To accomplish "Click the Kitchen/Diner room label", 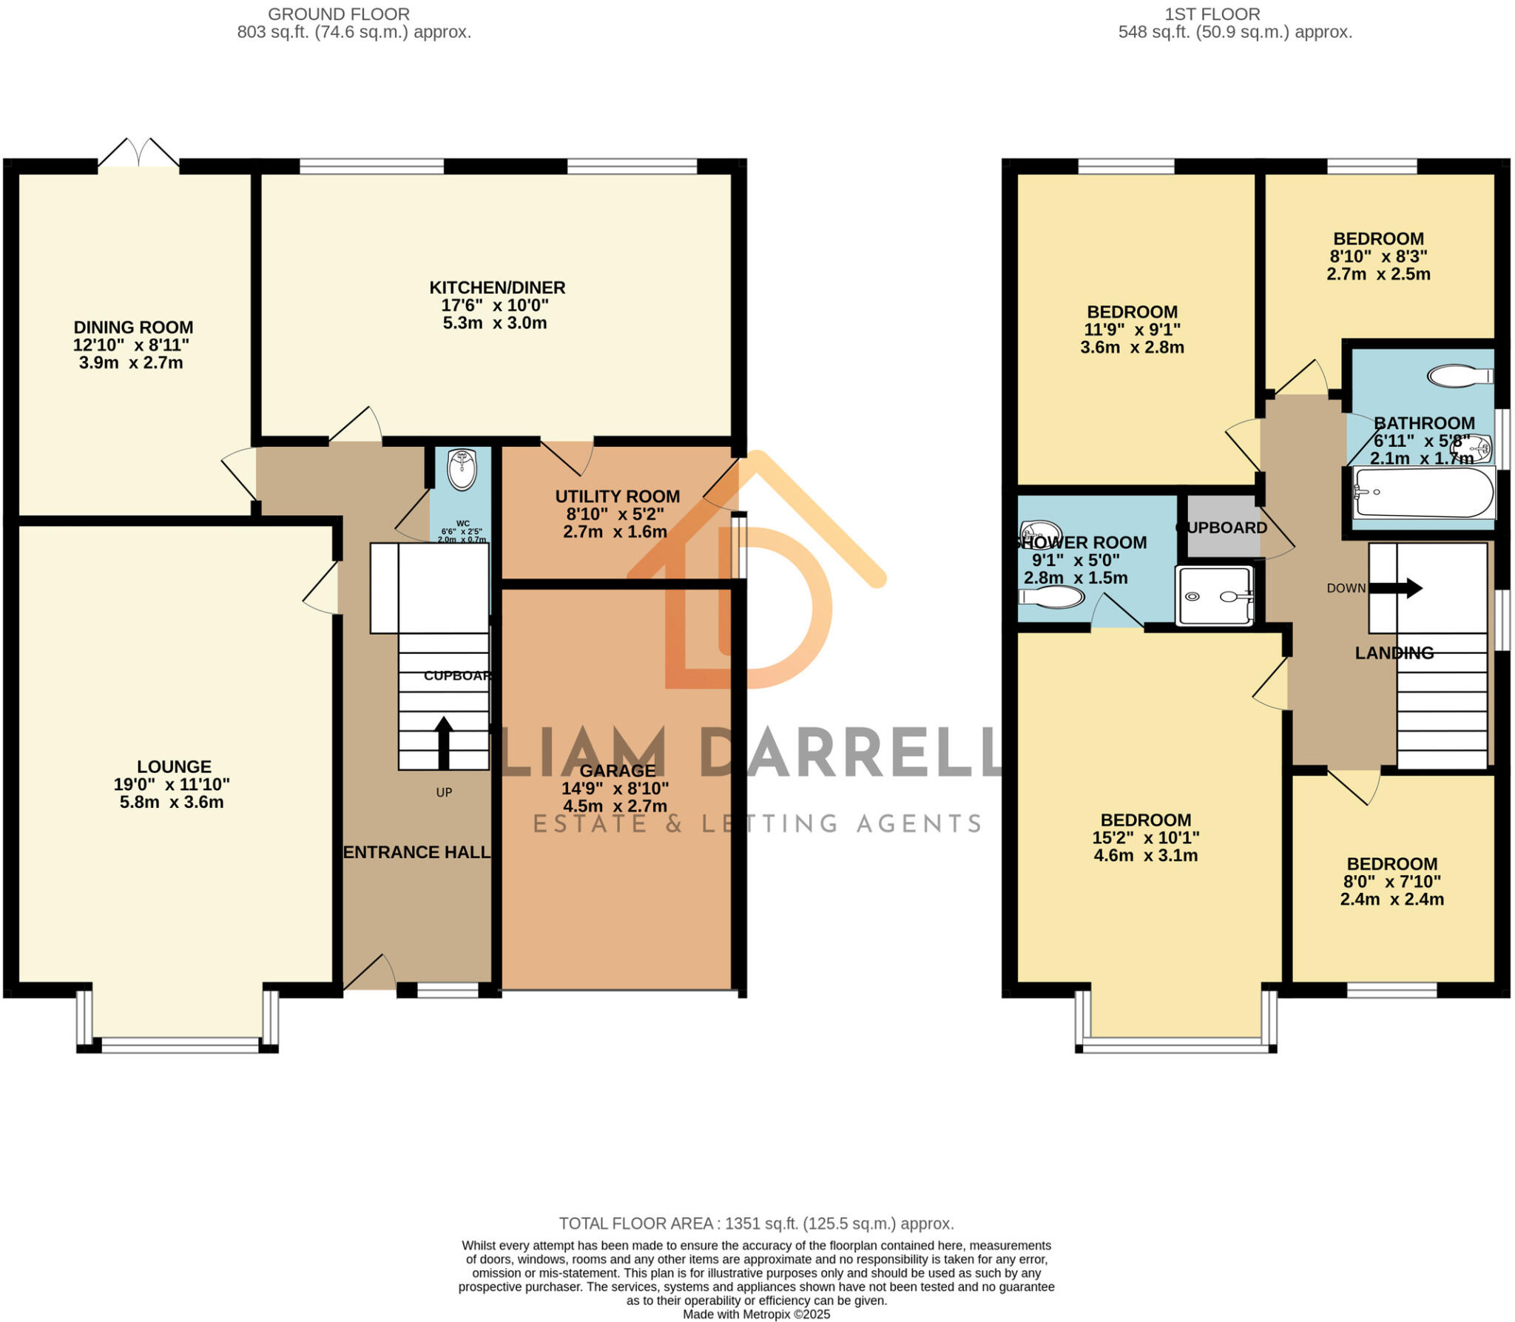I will point(497,288).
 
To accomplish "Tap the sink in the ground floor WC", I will point(462,471).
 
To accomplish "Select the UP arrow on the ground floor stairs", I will point(443,742).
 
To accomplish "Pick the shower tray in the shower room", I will point(1214,596).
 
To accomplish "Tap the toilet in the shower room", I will point(1051,596).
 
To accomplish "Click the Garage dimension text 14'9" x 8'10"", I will point(615,789).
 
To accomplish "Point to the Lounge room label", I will point(174,767).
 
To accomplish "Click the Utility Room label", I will point(617,496).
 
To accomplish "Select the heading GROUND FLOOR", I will point(338,14).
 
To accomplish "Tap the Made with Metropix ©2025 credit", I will point(756,1315).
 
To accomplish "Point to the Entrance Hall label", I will point(416,852).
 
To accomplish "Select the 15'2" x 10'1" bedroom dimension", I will point(1145,838).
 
